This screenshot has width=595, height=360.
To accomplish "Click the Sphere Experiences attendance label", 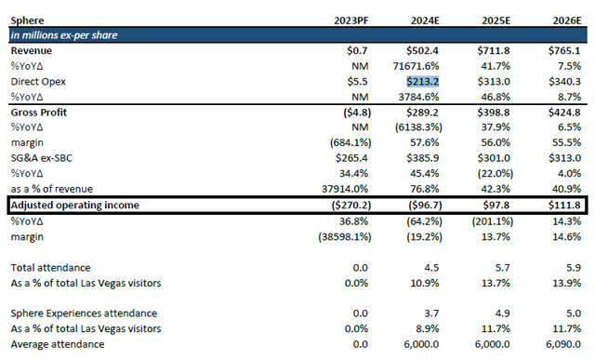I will [83, 314].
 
